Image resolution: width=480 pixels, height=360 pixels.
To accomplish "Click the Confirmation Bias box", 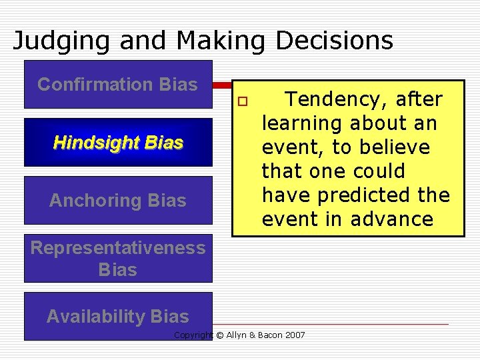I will click(118, 85).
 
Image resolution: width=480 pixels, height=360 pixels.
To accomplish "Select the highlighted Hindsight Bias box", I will click(118, 143).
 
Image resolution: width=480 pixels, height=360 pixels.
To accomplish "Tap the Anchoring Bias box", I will click(118, 201).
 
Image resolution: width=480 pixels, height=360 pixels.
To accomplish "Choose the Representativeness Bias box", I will click(118, 259).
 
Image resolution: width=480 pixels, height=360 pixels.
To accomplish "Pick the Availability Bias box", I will click(118, 317).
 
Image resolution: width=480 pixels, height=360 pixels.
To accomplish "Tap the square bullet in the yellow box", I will click(244, 100).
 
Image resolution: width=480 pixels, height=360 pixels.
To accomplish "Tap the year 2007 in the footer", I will click(294, 335).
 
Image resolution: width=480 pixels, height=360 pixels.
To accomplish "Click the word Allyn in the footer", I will click(237, 335).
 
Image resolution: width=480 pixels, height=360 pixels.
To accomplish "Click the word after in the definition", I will click(419, 99).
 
